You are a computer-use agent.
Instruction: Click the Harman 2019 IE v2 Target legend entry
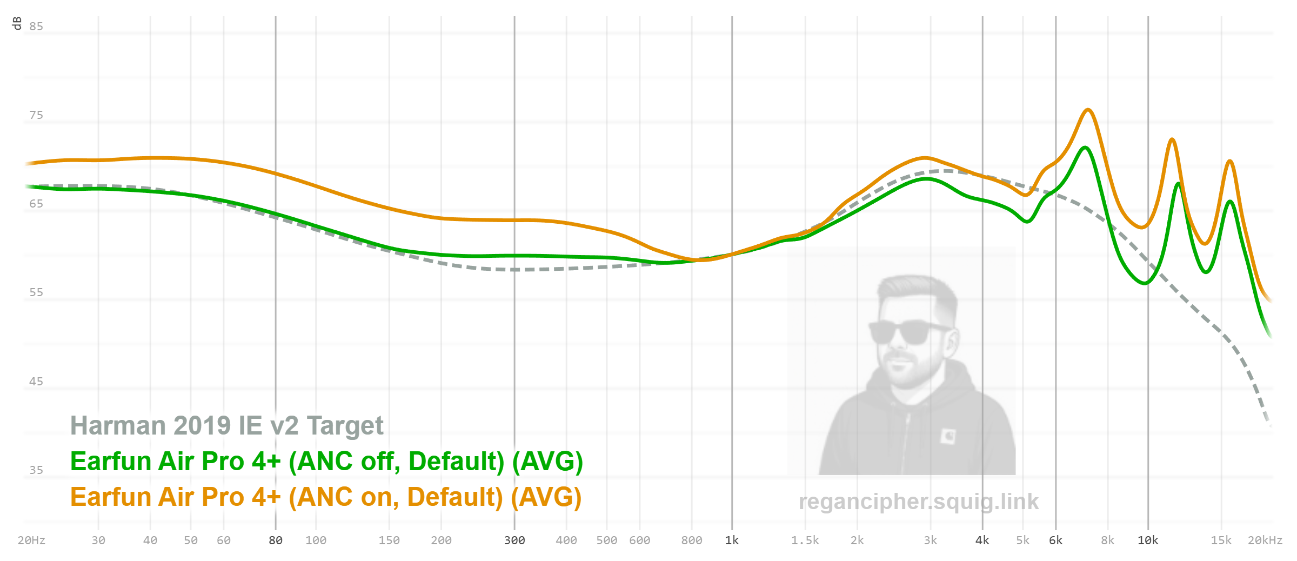click(x=226, y=426)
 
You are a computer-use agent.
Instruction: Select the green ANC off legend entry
click(x=326, y=462)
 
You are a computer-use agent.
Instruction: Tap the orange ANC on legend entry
click(x=326, y=497)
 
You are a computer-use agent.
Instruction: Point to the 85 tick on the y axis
click(x=36, y=26)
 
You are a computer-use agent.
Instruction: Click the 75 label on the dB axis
click(x=36, y=115)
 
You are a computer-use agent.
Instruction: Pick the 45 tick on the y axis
click(x=36, y=382)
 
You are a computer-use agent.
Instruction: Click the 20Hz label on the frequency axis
click(x=31, y=540)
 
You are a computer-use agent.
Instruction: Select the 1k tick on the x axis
click(x=732, y=540)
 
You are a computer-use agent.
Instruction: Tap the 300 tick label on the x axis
click(x=514, y=540)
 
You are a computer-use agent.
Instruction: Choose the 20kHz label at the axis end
click(x=1265, y=540)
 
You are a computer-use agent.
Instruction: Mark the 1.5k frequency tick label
click(x=805, y=540)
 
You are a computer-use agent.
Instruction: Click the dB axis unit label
click(x=17, y=23)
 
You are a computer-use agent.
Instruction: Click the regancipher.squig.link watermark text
click(x=919, y=502)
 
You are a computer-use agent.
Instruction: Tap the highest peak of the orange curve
click(x=1088, y=110)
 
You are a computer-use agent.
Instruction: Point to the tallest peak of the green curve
click(x=1085, y=148)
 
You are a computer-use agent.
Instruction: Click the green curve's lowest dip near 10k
click(x=1145, y=283)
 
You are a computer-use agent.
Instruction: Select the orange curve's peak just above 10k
click(x=1172, y=139)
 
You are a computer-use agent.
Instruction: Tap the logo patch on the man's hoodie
click(x=948, y=436)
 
